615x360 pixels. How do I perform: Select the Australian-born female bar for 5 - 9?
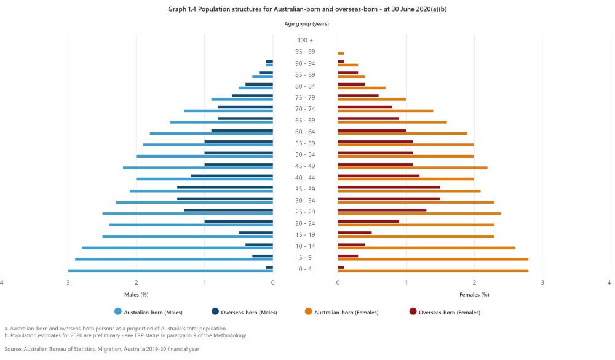tap(433, 260)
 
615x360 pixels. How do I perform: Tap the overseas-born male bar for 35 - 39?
tap(225, 187)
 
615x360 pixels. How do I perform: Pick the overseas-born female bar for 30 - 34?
tap(389, 198)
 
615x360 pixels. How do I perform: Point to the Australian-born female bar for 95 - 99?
tap(341, 54)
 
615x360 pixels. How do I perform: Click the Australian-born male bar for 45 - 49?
tap(198, 167)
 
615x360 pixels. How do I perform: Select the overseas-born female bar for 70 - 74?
tap(365, 106)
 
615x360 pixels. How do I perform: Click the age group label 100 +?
tap(305, 40)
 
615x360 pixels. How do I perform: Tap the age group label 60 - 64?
tap(305, 132)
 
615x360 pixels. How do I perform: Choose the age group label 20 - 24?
tap(305, 223)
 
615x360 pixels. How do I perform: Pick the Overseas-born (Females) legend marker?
tap(413, 312)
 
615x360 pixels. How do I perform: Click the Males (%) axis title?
tap(137, 295)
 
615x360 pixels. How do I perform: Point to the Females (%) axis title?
tap(474, 295)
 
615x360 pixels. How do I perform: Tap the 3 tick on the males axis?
tap(68, 282)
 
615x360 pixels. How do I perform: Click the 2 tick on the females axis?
tap(474, 282)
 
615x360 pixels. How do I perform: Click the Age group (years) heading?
tap(306, 24)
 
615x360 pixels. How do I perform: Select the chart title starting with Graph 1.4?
tap(306, 10)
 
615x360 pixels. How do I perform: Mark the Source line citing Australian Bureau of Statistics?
tap(101, 349)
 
